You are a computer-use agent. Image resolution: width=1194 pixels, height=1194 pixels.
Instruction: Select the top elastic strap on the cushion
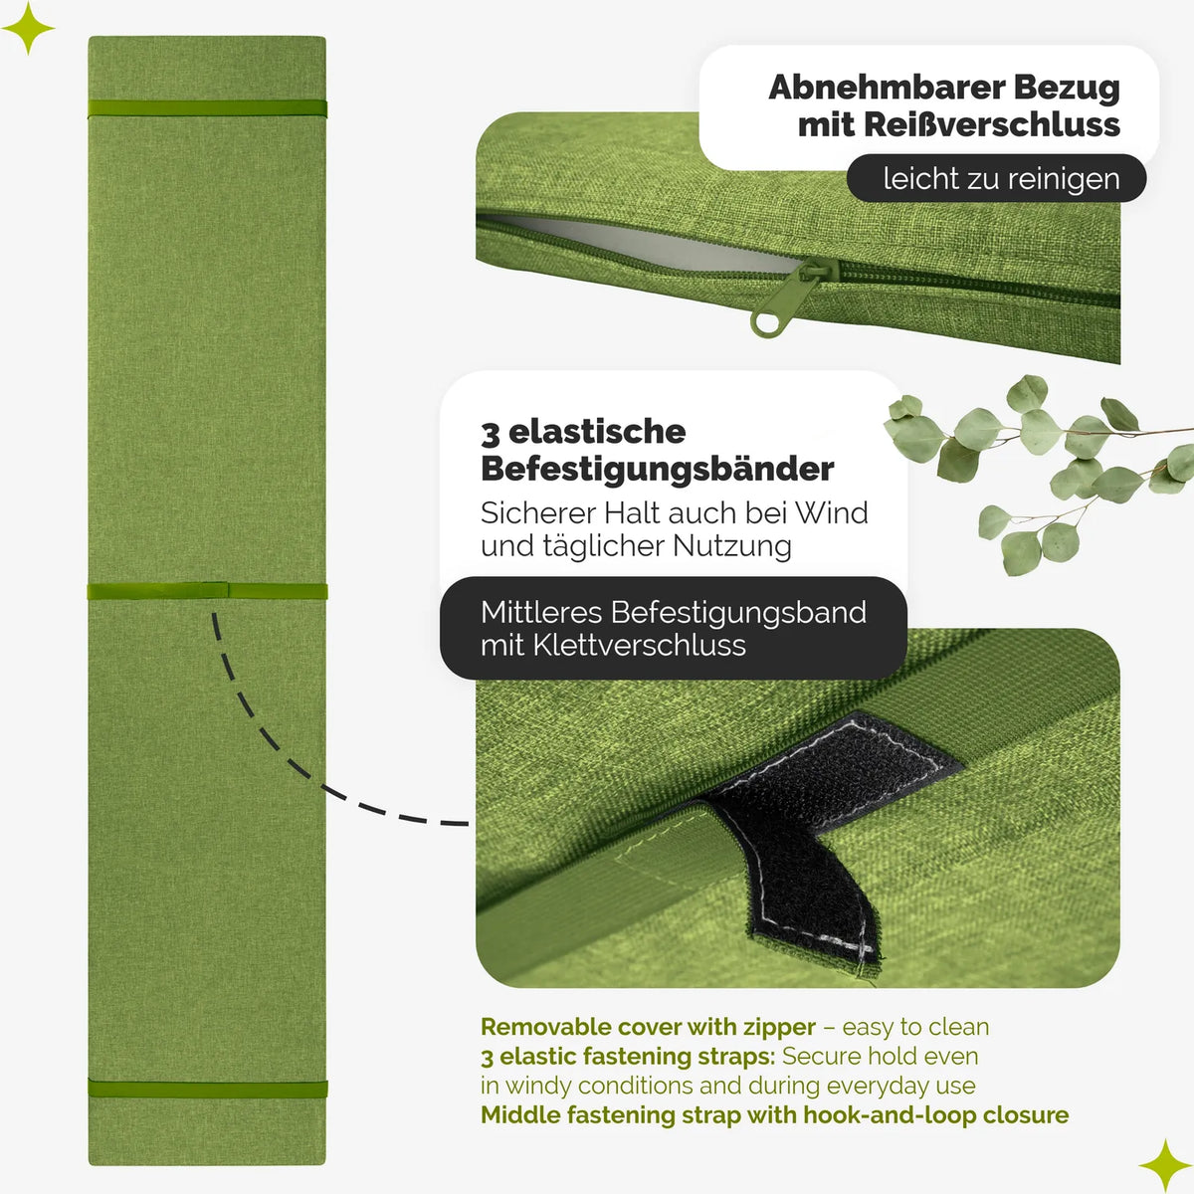[207, 109]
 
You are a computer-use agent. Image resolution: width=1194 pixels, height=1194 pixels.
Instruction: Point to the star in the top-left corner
[28, 28]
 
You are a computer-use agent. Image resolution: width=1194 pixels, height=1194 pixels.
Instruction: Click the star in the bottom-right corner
[1165, 1165]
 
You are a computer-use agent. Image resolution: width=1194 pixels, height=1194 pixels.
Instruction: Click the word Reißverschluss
[991, 124]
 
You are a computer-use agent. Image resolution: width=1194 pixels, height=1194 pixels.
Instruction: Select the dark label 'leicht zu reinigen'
[996, 178]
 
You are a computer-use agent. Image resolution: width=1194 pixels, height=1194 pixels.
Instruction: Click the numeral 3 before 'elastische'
[491, 434]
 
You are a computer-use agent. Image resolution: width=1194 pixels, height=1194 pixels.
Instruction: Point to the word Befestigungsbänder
[658, 469]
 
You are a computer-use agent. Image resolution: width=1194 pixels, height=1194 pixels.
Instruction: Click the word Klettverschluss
[640, 646]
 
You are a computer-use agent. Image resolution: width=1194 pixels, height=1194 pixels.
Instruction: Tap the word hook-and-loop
[890, 1115]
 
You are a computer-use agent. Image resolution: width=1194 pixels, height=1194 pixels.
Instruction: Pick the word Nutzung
[732, 546]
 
